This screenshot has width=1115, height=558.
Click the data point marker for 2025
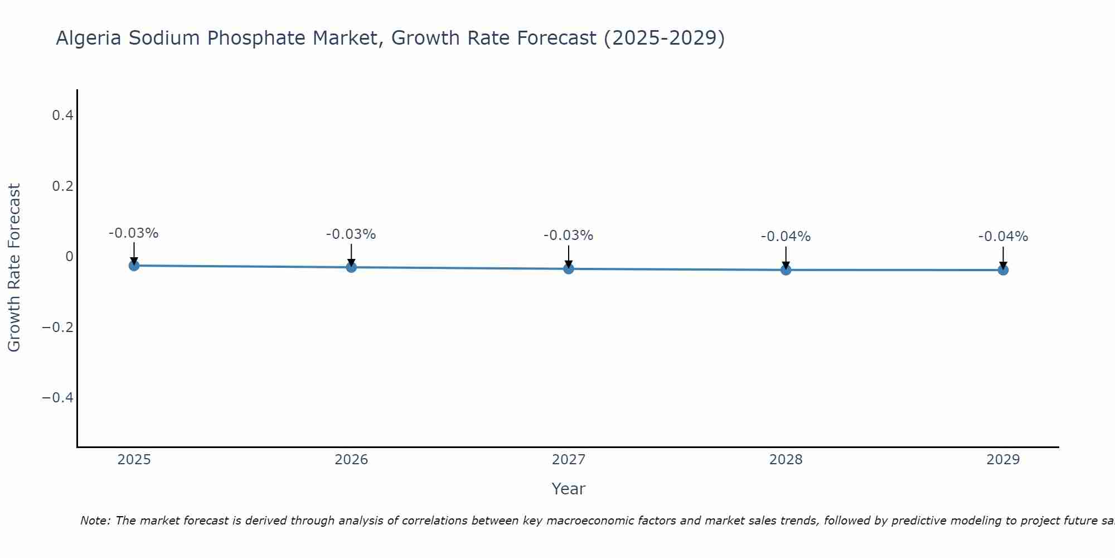point(134,266)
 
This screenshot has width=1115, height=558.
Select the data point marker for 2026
point(351,267)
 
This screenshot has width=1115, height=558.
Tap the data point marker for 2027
point(569,269)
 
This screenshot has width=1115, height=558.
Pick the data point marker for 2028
point(786,270)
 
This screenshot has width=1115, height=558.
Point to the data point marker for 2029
point(1003,270)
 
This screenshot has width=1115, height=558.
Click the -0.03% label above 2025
point(133,233)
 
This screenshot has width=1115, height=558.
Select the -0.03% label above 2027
point(568,235)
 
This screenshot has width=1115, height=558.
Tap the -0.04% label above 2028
point(786,237)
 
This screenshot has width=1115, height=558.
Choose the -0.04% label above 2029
point(1003,237)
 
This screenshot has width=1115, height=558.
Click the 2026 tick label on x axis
point(351,460)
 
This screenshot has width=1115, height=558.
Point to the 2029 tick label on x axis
point(1003,460)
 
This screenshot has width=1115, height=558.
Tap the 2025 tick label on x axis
point(134,460)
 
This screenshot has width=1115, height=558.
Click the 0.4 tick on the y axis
point(62,116)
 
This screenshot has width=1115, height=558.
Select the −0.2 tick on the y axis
point(58,327)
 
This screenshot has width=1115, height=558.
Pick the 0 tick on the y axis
point(69,257)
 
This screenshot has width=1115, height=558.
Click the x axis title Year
point(568,489)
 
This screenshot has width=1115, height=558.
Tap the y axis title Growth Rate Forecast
point(14,268)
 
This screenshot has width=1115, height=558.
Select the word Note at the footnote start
point(95,521)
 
